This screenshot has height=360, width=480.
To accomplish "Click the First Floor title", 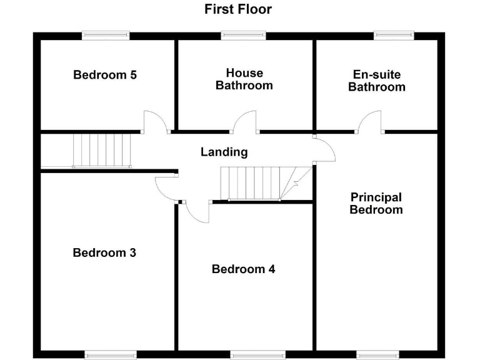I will tap(237, 9).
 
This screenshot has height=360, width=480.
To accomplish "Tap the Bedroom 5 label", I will tap(105, 75).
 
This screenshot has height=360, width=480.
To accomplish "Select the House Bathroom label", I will tap(244, 79).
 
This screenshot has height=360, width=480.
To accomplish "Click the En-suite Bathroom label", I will tap(376, 81).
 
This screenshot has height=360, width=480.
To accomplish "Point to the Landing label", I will tap(224, 152).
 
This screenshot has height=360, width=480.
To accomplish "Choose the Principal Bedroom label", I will tap(376, 204).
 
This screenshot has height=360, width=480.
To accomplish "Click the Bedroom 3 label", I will tap(104, 253).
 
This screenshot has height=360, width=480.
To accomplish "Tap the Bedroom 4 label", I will tap(243, 269).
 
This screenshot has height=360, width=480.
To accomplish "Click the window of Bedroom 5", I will tap(106, 36).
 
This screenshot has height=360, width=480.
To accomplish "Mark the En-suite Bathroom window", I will tap(394, 36).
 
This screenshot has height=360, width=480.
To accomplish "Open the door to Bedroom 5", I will tap(156, 122).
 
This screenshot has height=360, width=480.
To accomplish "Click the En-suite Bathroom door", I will tap(371, 122).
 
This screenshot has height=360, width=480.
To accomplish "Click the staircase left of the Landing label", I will tap(102, 151).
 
